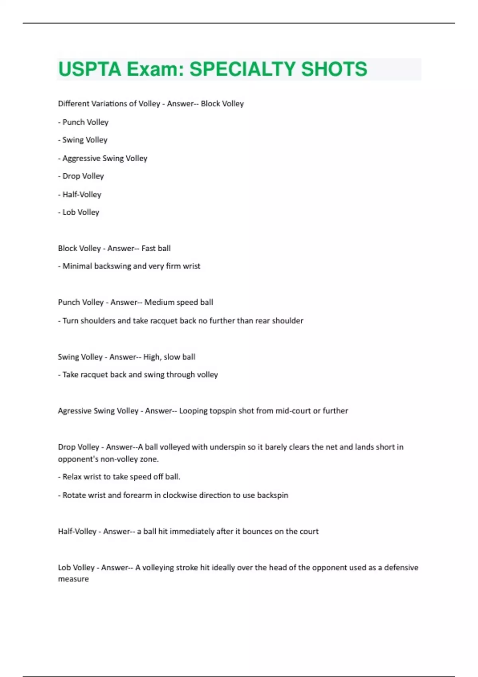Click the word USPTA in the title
pyautogui.click(x=90, y=69)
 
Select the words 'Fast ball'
pyautogui.click(x=156, y=248)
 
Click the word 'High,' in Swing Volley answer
pyautogui.click(x=152, y=357)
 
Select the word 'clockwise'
pyautogui.click(x=180, y=495)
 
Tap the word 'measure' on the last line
pyautogui.click(x=73, y=579)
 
